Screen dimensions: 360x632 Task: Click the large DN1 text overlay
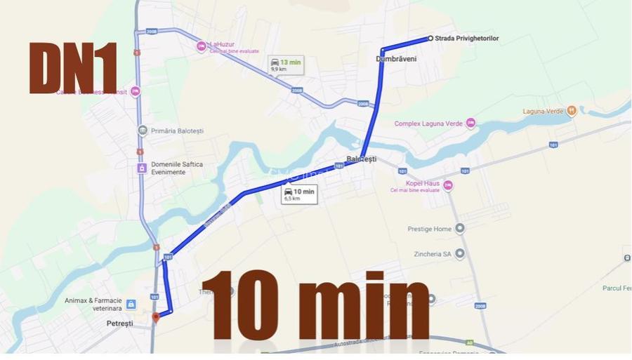72,68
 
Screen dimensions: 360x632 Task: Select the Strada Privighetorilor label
467,39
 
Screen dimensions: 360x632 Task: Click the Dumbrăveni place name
396,59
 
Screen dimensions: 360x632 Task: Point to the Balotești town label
361,159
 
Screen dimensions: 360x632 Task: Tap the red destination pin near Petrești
156,317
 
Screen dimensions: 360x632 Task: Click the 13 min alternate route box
286,65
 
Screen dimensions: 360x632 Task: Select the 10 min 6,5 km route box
298,194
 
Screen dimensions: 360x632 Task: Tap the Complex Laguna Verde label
428,124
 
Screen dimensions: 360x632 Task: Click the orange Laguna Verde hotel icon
572,110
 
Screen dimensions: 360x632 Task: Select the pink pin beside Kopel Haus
448,185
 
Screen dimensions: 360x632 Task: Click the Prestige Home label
430,229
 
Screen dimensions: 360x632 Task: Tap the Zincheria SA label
430,253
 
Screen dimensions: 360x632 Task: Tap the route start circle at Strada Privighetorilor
430,39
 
